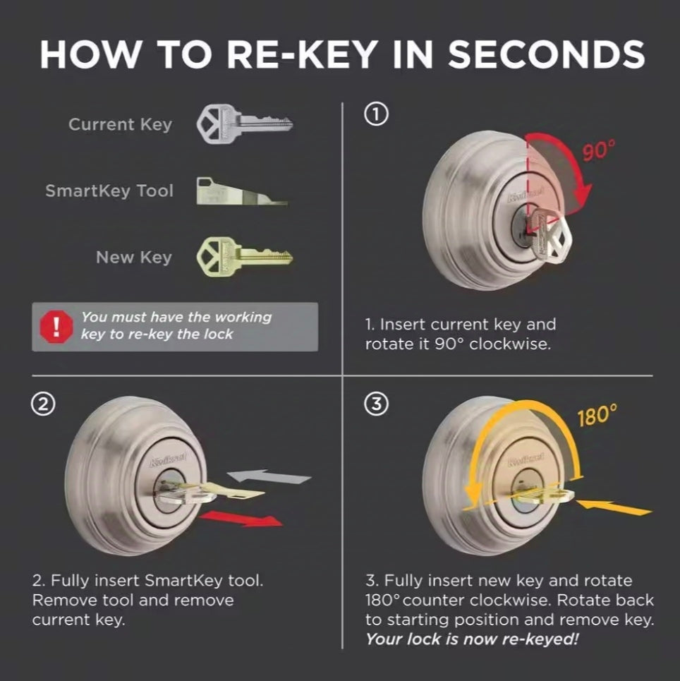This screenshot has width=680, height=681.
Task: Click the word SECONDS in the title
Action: tap(546, 55)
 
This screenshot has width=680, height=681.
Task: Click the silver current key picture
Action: tap(245, 123)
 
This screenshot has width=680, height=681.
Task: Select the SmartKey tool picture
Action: tap(241, 191)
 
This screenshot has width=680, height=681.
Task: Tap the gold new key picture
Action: tap(245, 257)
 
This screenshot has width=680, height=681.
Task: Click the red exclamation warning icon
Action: tap(56, 327)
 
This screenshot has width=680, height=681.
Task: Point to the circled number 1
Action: tap(376, 115)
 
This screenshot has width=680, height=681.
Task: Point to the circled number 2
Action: tap(43, 404)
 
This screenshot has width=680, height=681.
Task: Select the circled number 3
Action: tap(376, 404)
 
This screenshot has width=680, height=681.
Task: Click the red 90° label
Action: tap(599, 150)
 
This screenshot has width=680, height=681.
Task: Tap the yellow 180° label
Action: tap(597, 416)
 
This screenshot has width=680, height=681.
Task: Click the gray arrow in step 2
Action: tap(269, 476)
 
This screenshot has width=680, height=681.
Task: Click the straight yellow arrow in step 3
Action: tap(614, 507)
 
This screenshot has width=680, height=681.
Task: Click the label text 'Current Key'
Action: tap(121, 125)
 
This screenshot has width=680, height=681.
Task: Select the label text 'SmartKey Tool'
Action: tap(109, 191)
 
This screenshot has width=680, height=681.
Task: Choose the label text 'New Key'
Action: tap(134, 258)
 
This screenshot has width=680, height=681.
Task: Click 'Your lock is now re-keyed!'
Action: tap(472, 639)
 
